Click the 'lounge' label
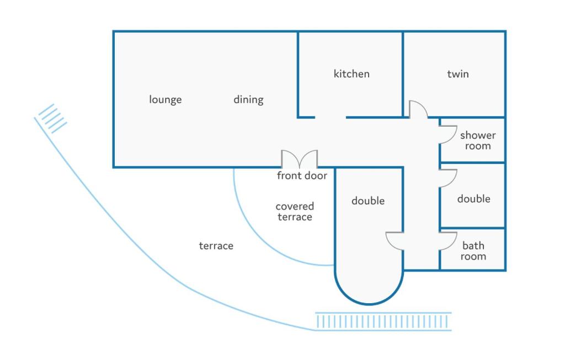click(166, 100)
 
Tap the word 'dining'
click(248, 100)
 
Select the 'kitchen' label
click(351, 74)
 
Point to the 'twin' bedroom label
click(458, 74)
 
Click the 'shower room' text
click(478, 141)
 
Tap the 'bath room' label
click(473, 251)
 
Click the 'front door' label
click(302, 176)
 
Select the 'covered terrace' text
click(295, 211)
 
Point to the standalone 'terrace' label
click(216, 246)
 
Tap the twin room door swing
click(418, 109)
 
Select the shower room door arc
click(448, 135)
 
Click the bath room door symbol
click(448, 241)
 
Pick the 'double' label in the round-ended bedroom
click(368, 201)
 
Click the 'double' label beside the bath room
click(473, 198)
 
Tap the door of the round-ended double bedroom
click(395, 241)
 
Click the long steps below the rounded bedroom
click(383, 321)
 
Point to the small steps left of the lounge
click(52, 119)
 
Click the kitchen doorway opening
click(331, 117)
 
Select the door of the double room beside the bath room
click(448, 178)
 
